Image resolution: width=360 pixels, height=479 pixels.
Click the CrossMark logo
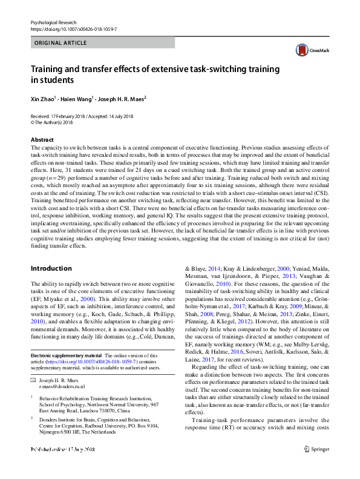pos(308,50)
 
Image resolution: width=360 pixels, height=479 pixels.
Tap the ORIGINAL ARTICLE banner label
pos(61,43)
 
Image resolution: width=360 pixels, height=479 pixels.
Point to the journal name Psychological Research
pos(55,22)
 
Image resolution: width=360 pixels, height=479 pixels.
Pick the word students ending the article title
pos(56,79)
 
